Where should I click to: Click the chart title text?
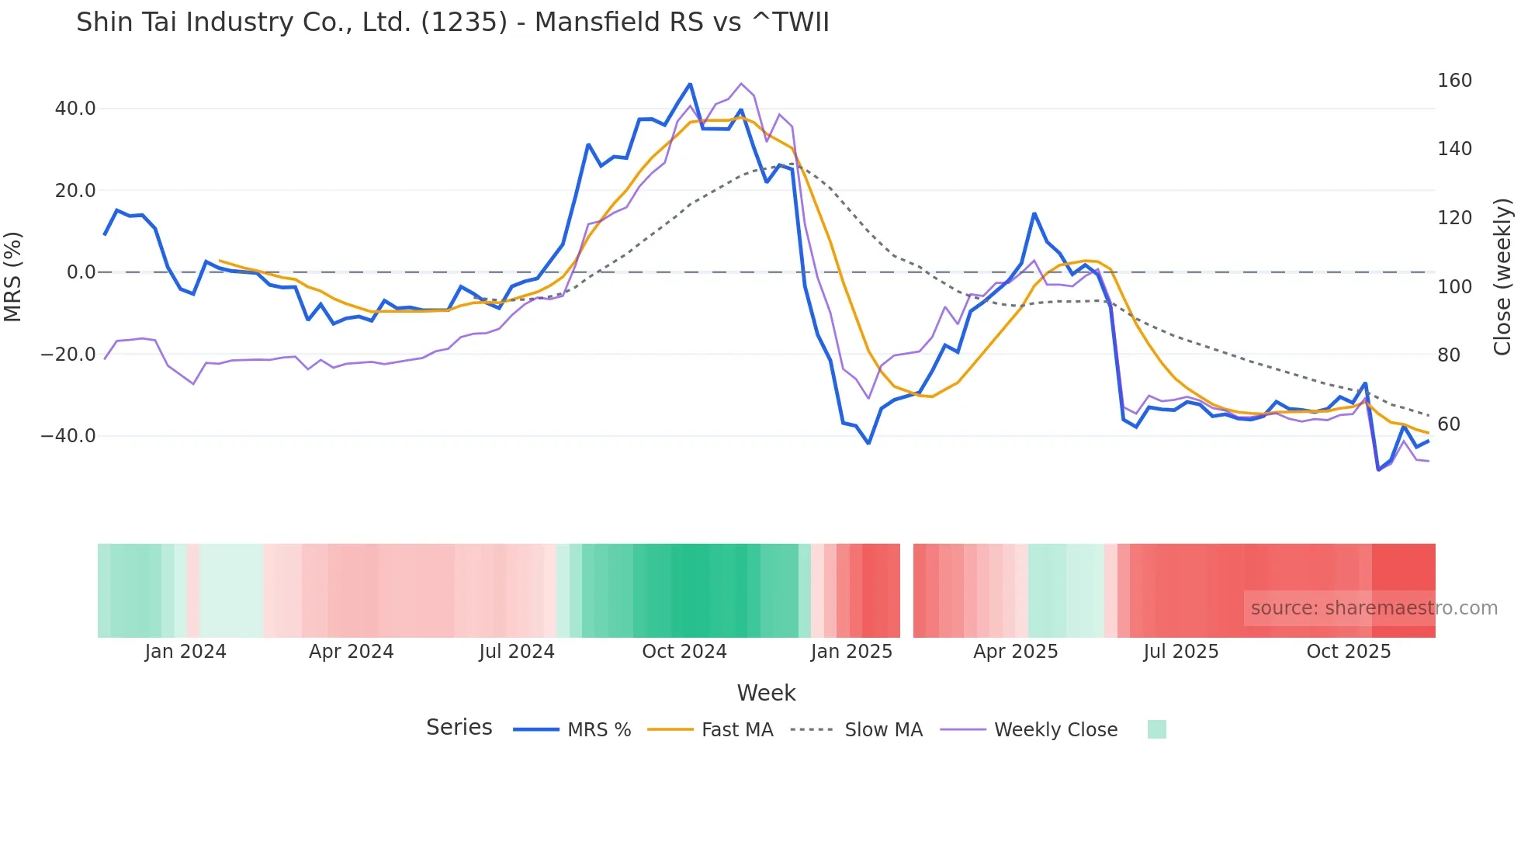coord(452,22)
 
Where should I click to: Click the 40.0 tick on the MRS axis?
coord(75,109)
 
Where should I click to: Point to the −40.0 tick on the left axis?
coord(69,436)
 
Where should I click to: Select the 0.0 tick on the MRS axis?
coord(81,272)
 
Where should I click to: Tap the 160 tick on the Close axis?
coord(1454,81)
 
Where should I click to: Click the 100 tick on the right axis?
coord(1454,287)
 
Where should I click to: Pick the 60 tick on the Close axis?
coord(1449,424)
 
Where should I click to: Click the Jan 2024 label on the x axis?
coord(185,652)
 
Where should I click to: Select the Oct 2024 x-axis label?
coord(684,652)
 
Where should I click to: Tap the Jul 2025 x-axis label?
coord(1180,652)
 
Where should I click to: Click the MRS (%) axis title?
coord(13,276)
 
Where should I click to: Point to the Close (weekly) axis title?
coord(1502,277)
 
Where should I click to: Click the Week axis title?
coord(766,693)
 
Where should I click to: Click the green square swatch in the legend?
coord(1156,729)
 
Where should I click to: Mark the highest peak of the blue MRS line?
coord(690,84)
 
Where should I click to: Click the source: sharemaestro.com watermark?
coord(1374,608)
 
